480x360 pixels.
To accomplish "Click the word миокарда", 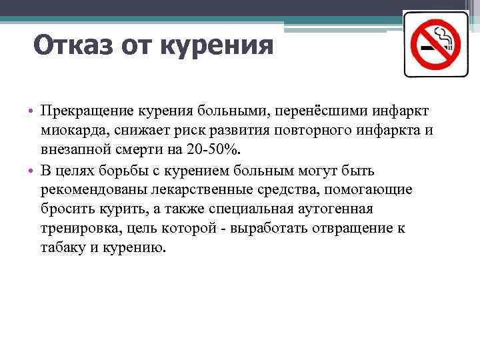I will [70, 130].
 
